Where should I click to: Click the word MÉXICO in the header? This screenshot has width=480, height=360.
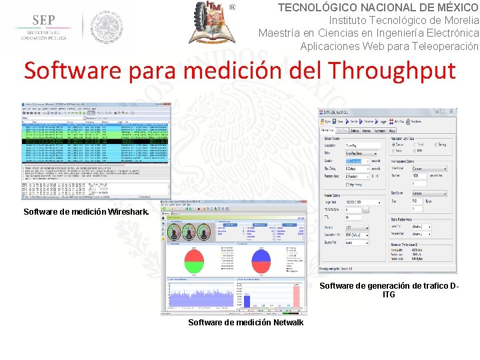449,7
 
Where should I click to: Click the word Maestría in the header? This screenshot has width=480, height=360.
279,33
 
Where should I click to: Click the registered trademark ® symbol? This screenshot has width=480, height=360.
233,7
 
